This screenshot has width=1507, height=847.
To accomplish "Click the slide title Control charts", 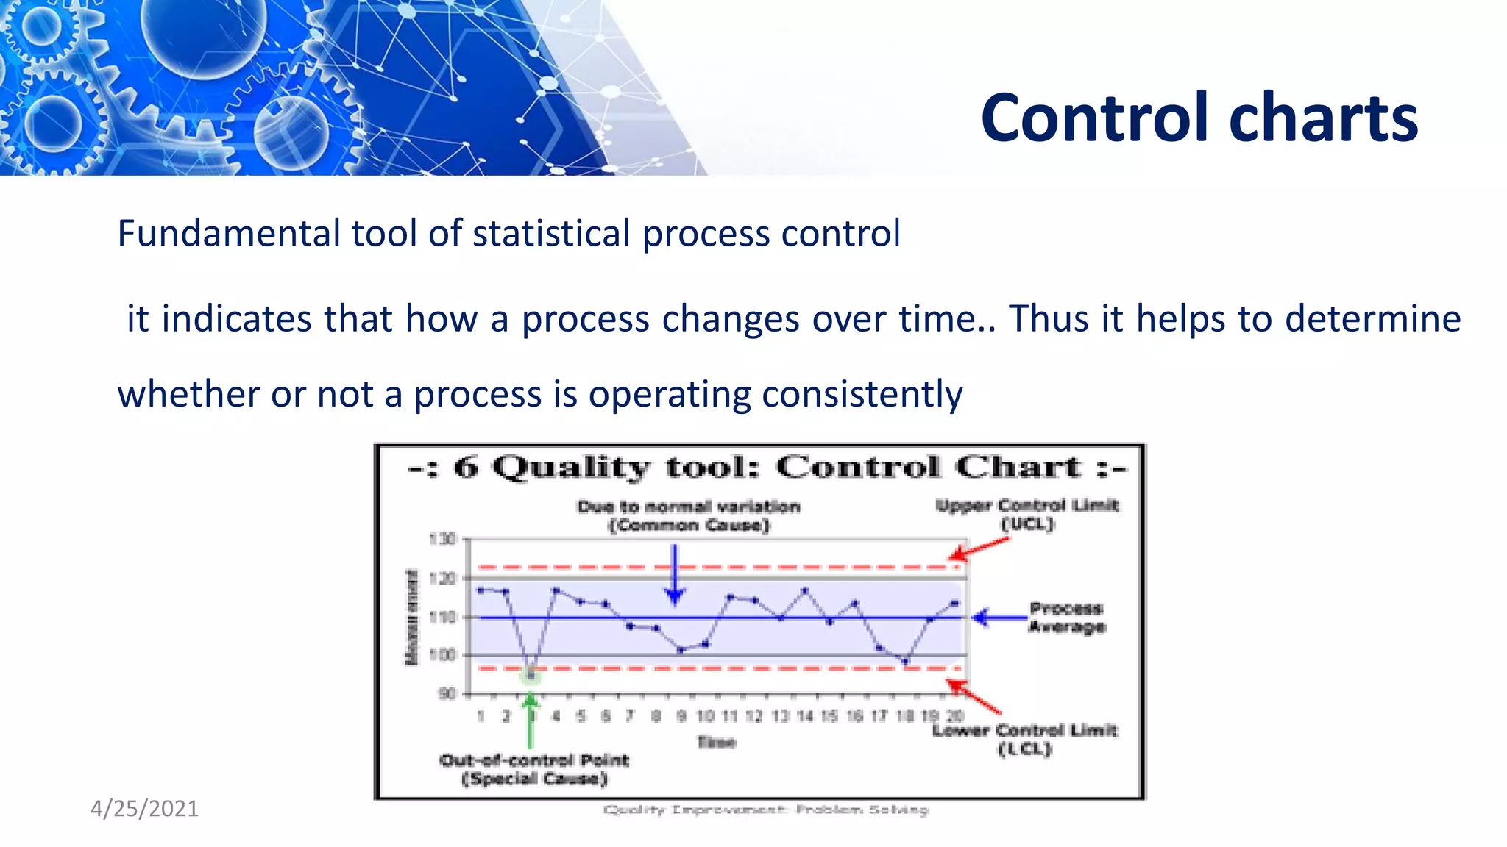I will pos(1199,118).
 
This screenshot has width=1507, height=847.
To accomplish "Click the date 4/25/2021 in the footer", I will pos(144,808).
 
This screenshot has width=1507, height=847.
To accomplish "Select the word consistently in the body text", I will pos(862,394).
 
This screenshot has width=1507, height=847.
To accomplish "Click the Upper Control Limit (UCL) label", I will pos(1027,515).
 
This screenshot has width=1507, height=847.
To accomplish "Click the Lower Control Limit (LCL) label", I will pos(1024,739).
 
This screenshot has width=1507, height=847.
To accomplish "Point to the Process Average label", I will pos(1066,618).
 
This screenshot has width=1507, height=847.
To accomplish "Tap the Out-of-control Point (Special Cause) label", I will pos(534,769).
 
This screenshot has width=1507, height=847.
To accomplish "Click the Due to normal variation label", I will pos(689,515).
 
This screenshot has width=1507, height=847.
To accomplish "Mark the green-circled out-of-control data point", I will pos(531,674).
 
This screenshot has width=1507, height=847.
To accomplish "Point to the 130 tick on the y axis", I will pos(442,540).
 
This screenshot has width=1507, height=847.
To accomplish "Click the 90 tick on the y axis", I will pos(447,694).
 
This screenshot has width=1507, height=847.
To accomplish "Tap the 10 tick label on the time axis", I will pos(705,716).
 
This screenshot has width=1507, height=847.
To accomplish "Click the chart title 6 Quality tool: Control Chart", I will pos(767,468).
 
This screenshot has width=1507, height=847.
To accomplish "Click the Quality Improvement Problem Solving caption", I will pos(765,810).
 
